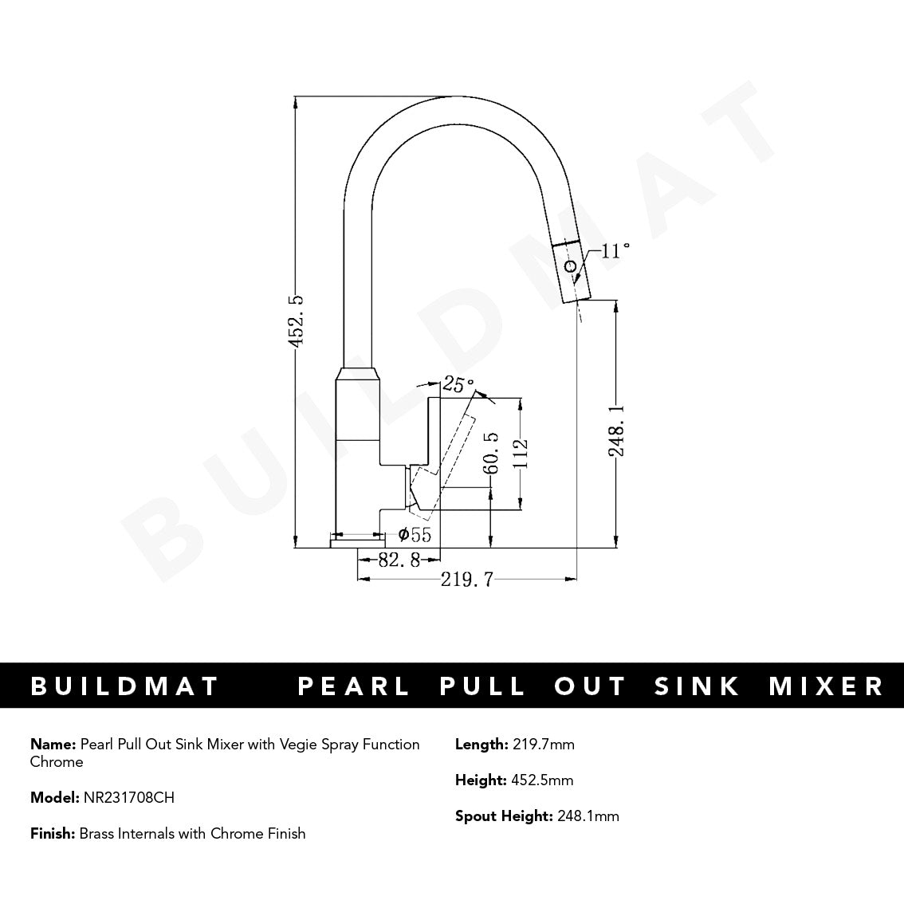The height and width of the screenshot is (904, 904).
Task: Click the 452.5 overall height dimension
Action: coord(297,320)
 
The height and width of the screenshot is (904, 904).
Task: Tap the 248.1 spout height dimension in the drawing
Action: coord(616,429)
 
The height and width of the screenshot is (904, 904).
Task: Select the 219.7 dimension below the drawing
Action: coord(466,580)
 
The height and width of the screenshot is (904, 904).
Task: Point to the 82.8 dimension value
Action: coord(398,560)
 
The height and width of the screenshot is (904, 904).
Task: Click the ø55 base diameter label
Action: coord(415,535)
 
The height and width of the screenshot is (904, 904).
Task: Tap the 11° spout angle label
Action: coord(615,251)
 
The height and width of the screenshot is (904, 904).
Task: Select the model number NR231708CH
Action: coord(128,797)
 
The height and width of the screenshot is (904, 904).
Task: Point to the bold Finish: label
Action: coord(53,834)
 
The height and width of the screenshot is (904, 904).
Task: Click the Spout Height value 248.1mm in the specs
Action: coord(588,816)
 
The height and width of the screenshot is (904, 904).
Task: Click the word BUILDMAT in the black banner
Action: coord(124,686)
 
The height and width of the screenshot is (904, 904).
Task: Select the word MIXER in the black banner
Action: coord(826,686)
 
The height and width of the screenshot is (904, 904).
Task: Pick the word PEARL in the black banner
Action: coord(354,686)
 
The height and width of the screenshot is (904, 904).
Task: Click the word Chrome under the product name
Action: coord(57,762)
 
